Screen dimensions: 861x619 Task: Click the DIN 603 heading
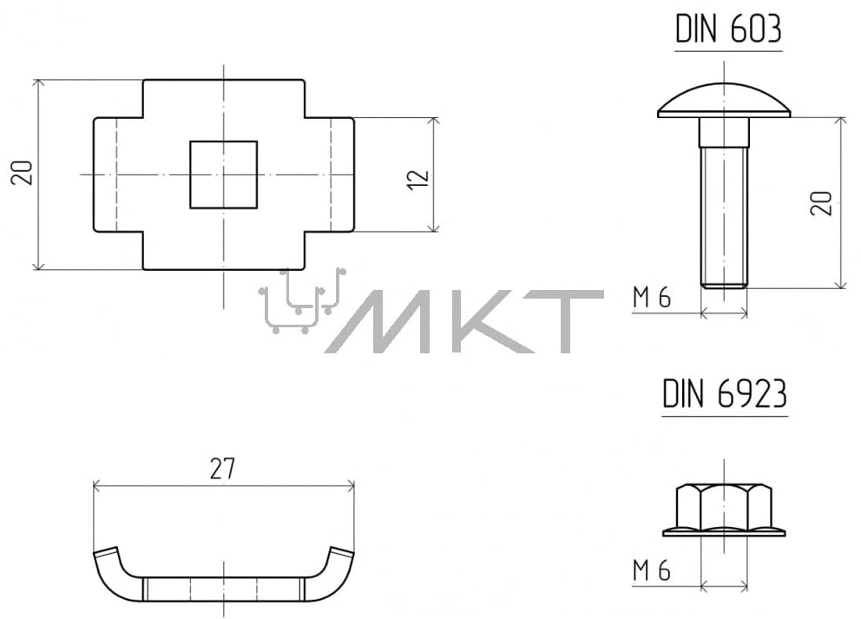tap(728, 30)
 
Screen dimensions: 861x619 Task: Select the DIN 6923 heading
tap(725, 394)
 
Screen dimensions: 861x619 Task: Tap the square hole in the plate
tap(223, 175)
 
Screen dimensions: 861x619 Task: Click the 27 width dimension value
tap(222, 469)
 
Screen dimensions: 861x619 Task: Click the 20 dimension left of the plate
tap(23, 173)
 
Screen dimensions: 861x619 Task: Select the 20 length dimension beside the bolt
tap(821, 203)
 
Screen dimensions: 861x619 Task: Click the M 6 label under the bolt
tap(652, 298)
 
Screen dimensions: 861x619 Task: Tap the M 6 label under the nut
tap(652, 571)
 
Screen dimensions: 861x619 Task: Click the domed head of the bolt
tap(724, 101)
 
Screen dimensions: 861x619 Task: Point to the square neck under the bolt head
tap(724, 132)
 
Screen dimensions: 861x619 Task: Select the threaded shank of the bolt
tap(724, 218)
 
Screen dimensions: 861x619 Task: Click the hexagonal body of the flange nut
tap(724, 506)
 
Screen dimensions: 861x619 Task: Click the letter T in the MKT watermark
tap(571, 321)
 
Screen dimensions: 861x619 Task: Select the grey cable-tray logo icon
tap(302, 300)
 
